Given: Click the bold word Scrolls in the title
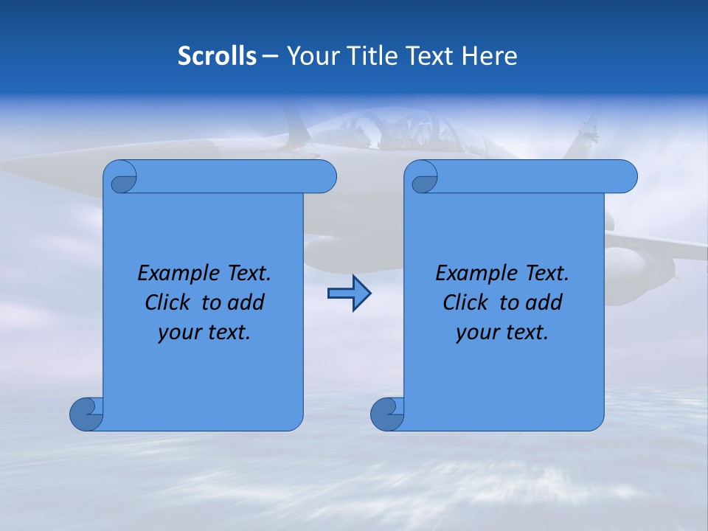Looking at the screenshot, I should pyautogui.click(x=217, y=56).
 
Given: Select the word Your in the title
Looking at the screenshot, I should pyautogui.click(x=310, y=56).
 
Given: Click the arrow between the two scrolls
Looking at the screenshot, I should pyautogui.click(x=349, y=294).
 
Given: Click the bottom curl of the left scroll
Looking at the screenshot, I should pyautogui.click(x=86, y=414).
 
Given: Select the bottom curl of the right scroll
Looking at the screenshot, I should pyautogui.click(x=386, y=414).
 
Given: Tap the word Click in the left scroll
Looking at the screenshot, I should pyautogui.click(x=170, y=302).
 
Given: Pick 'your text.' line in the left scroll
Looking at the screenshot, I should pyautogui.click(x=204, y=332).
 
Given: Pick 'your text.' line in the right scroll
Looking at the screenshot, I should pyautogui.click(x=502, y=332).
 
